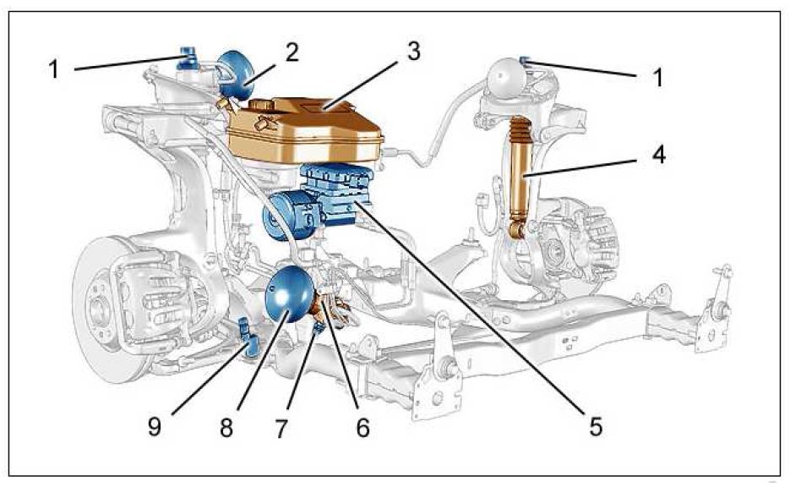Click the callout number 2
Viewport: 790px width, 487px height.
click(292, 52)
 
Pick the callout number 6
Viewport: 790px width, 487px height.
click(362, 429)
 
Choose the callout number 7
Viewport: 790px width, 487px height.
click(314, 429)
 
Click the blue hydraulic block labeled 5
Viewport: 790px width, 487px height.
click(338, 194)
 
